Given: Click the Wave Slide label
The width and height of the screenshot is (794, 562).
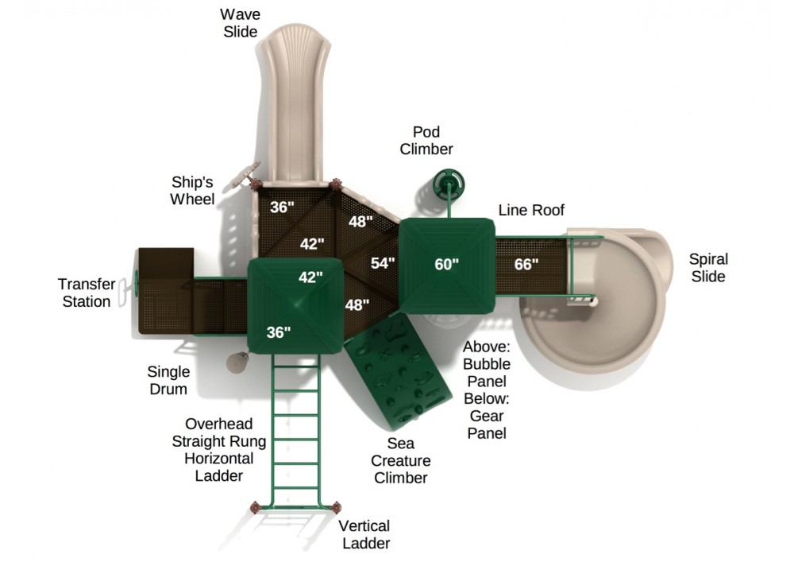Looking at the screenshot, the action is (x=240, y=23).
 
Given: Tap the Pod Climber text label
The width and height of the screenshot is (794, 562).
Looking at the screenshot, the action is (x=426, y=141).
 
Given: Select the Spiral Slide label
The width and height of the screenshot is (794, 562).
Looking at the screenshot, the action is (x=708, y=268).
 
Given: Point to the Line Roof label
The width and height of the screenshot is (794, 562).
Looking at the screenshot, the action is (x=530, y=210).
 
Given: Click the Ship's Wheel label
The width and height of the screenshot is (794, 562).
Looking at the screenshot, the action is (x=192, y=191).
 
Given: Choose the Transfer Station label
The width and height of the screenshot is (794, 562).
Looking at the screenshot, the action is (x=86, y=293).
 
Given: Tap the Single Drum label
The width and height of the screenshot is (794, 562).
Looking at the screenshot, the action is (x=168, y=380).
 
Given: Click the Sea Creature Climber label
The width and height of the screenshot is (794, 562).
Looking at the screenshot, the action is (x=400, y=460).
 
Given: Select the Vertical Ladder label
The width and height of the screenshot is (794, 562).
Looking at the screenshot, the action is (x=365, y=534).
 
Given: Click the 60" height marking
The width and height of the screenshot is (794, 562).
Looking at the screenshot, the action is (x=446, y=264).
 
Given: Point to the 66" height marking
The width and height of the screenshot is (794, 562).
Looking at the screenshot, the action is (x=526, y=264).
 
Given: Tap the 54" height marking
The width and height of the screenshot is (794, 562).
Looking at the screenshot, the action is (x=383, y=263).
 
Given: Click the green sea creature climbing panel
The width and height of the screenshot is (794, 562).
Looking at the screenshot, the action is (x=398, y=369).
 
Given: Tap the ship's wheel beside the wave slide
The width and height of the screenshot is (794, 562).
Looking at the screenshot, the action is (x=242, y=176).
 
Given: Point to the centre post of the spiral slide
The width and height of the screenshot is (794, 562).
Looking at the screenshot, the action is (x=593, y=302).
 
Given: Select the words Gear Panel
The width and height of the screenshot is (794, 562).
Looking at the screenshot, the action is (x=487, y=424).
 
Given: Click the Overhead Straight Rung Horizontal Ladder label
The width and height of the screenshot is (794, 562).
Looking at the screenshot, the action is (x=219, y=449).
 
